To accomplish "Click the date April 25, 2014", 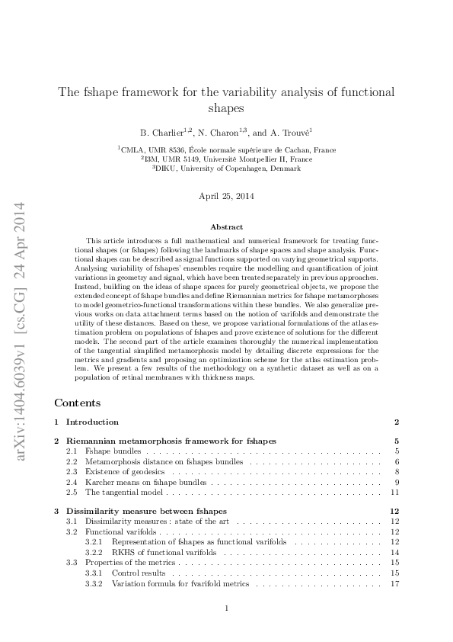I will [x=226, y=196].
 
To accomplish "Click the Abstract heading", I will [x=226, y=227].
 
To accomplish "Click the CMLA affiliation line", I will [x=226, y=150].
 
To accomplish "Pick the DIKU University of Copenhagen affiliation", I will [x=226, y=169].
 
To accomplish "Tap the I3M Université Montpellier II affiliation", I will [x=226, y=159].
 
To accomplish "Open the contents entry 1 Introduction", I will [x=92, y=422].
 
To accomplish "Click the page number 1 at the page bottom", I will [x=227, y=608].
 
